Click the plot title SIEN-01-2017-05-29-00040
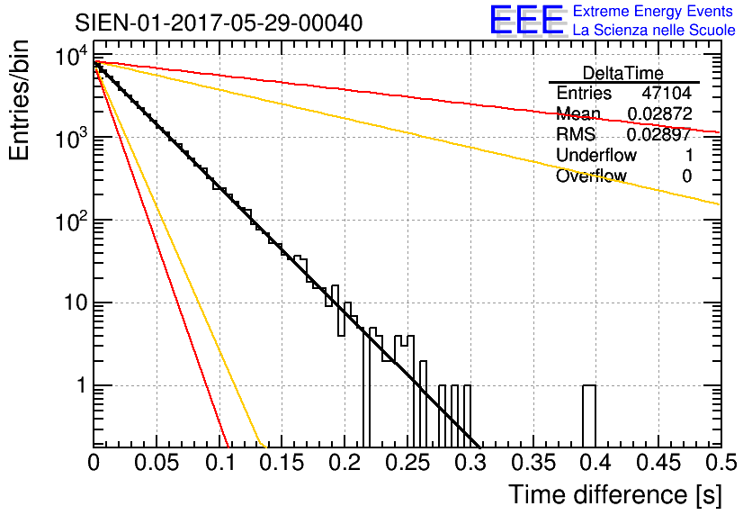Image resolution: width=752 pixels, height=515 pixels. (x=219, y=23)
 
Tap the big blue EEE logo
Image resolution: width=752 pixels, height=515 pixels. (x=526, y=21)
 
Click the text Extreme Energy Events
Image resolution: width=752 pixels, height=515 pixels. (x=654, y=12)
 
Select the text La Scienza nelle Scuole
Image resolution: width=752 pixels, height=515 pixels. (x=654, y=31)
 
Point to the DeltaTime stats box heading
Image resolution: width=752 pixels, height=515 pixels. (x=622, y=73)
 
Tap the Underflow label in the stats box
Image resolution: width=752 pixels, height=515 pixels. (x=595, y=156)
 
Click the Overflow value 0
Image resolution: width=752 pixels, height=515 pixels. (x=686, y=176)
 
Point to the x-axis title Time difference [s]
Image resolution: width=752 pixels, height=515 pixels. (x=612, y=494)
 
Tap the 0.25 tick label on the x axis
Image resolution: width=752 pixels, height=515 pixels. (x=407, y=463)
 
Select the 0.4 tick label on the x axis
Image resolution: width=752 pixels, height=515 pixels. (x=595, y=463)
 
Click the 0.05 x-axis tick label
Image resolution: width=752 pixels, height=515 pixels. (x=156, y=463)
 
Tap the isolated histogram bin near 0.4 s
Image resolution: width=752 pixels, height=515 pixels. (x=589, y=416)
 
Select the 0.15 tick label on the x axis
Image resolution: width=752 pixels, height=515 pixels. (x=282, y=463)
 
